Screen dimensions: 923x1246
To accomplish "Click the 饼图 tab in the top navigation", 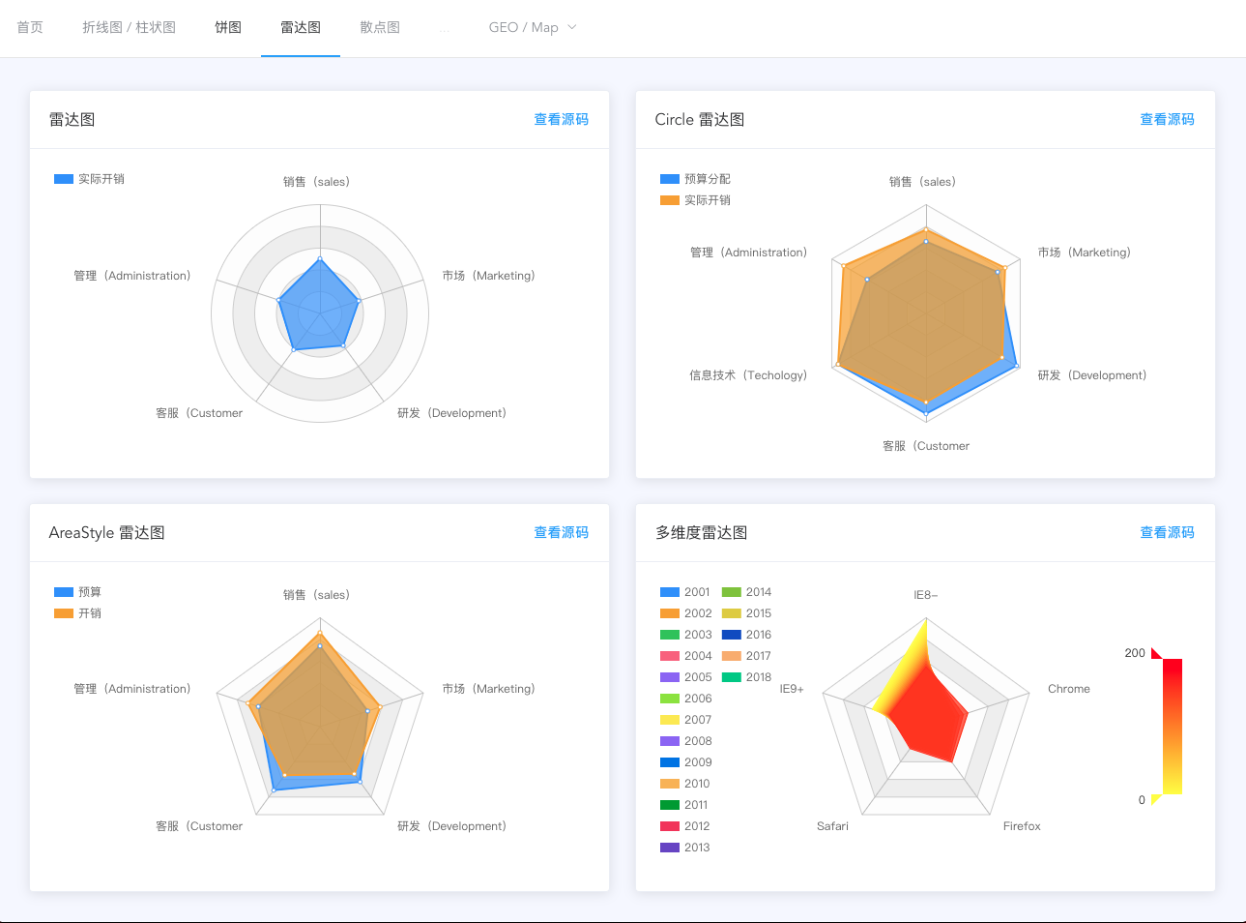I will (228, 27).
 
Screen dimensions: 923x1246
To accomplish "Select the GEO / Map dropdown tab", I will (532, 27).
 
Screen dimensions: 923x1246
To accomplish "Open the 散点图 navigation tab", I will (380, 27).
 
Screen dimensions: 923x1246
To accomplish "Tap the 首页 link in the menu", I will (30, 27).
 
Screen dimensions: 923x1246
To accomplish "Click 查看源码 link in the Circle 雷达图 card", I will (1167, 119).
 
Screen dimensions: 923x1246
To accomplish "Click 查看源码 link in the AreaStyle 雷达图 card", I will (561, 532).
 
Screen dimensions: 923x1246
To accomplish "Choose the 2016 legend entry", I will (747, 635).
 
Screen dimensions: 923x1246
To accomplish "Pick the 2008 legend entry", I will (685, 741).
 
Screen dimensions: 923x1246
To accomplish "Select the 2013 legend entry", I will (685, 848).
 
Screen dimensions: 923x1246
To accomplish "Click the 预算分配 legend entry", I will (696, 179).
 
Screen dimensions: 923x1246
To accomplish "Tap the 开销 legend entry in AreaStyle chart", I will (78, 613).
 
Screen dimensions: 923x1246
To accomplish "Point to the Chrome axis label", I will (1068, 689).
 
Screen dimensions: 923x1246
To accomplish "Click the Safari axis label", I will (832, 826).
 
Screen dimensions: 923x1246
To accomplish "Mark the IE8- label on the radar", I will (925, 595).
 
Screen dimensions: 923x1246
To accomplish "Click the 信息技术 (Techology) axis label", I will (747, 375).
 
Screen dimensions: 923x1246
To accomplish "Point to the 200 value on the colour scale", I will (1135, 653).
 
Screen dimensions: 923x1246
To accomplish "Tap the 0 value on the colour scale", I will (1142, 800).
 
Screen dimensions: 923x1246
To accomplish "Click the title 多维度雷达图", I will (701, 532).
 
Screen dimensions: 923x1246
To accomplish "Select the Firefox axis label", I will (1022, 826).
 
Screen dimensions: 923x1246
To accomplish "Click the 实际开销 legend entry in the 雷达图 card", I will (90, 179).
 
